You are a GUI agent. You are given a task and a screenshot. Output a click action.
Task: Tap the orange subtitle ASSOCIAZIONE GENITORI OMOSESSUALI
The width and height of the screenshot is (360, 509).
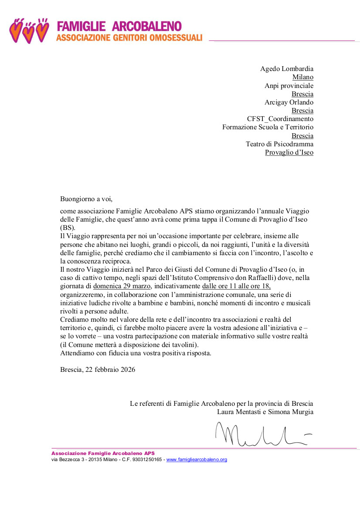(x=129, y=38)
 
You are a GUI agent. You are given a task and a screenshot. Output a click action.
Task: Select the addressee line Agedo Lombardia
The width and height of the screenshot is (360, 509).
(x=286, y=69)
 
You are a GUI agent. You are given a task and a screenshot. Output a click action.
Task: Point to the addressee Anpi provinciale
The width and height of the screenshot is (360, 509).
(x=289, y=86)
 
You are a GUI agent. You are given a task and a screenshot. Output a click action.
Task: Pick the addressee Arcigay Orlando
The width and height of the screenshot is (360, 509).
(x=289, y=102)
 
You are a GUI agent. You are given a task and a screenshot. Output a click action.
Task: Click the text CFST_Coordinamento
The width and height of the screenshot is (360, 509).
(x=280, y=119)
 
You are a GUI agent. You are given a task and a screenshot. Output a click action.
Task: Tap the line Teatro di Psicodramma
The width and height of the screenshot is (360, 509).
(x=279, y=144)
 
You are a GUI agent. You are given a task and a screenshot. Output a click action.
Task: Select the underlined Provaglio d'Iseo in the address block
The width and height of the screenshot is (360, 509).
(x=289, y=152)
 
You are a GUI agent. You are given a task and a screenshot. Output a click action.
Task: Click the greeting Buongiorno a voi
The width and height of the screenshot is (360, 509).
(x=86, y=199)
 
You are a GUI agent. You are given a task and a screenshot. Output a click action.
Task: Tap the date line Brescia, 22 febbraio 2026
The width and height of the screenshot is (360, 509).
(x=98, y=370)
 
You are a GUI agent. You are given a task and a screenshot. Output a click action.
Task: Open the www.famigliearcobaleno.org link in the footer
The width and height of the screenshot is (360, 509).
(x=197, y=459)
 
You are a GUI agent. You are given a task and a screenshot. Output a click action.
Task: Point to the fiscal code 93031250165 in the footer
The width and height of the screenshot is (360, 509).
(x=146, y=459)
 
